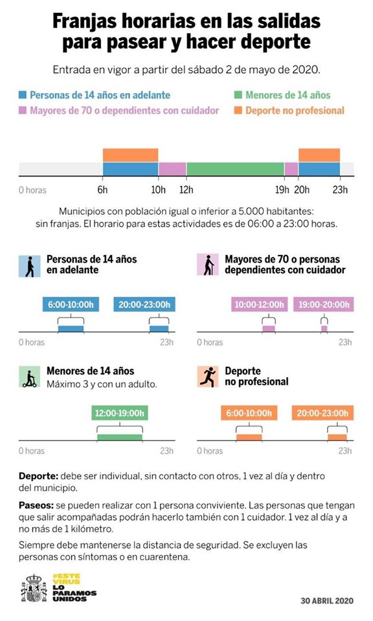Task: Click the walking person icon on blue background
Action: pyautogui.click(x=29, y=265)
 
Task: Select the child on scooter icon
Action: pyautogui.click(x=29, y=377)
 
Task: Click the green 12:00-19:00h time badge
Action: pyautogui.click(x=120, y=413)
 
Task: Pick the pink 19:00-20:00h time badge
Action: pyautogui.click(x=323, y=304)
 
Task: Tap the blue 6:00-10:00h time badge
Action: pyautogui.click(x=72, y=304)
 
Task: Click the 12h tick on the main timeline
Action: pyautogui.click(x=186, y=190)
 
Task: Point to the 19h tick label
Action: pyautogui.click(x=282, y=190)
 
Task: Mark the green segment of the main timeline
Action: pyautogui.click(x=235, y=169)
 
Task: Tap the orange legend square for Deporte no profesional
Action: pyautogui.click(x=239, y=111)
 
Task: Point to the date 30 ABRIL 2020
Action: pyautogui.click(x=328, y=600)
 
